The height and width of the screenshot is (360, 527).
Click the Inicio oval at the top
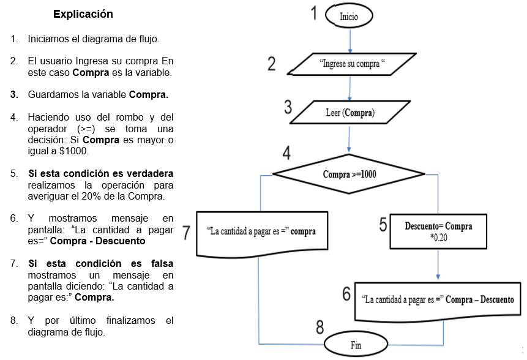pos(349,17)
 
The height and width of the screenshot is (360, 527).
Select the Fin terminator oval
pos(356,345)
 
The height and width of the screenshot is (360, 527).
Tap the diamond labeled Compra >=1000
pos(349,174)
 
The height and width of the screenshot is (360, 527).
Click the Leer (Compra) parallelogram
pos(349,113)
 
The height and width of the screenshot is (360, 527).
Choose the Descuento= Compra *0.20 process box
pos(438,231)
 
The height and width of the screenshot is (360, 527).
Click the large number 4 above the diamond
pos(286,152)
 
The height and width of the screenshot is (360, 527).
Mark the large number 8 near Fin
pos(320,328)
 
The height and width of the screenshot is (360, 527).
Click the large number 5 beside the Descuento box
pos(383,225)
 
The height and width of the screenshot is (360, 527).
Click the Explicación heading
pos(83,13)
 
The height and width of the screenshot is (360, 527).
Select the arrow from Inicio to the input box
pos(349,42)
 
